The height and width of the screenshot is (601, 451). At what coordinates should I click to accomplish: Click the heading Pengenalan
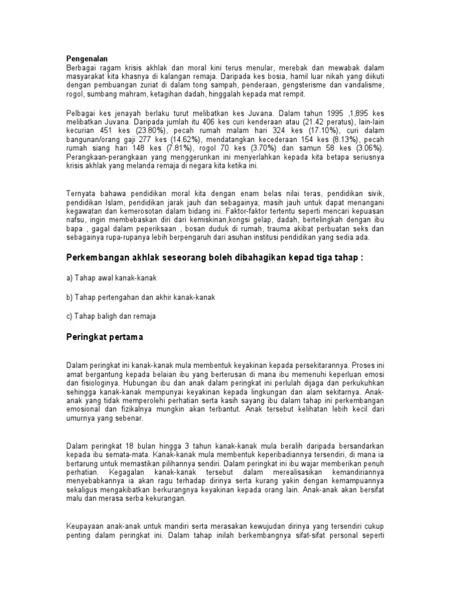(86, 58)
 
